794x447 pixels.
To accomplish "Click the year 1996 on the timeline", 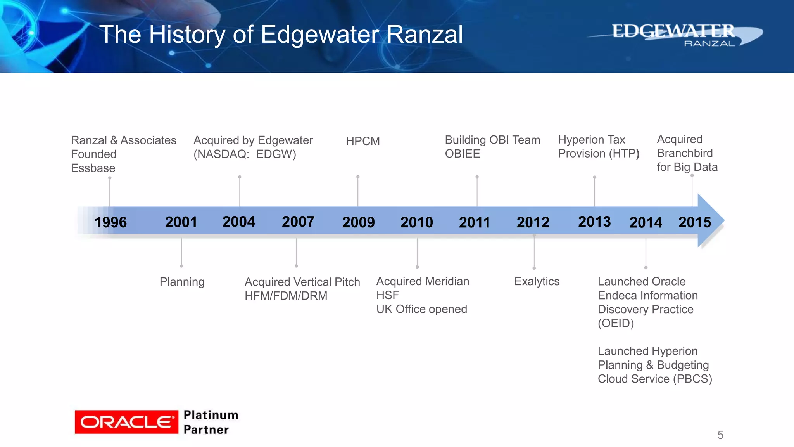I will click(110, 222).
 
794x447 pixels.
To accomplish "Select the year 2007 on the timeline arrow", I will click(298, 222).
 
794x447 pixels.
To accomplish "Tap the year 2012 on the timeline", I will click(533, 222).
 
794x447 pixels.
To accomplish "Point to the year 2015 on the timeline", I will click(694, 222).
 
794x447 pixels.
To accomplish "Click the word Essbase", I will click(93, 168).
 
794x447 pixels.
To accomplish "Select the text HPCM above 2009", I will click(363, 141).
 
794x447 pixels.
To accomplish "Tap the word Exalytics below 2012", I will click(537, 281).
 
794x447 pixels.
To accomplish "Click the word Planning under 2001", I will click(182, 282).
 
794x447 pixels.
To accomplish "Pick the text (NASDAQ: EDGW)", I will click(245, 154).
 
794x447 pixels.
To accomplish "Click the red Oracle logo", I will click(126, 422).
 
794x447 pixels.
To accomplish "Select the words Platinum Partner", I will click(211, 422).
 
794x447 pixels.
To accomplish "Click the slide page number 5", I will click(720, 435).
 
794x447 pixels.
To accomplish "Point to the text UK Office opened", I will click(421, 309).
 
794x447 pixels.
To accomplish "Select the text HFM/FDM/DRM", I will click(286, 296).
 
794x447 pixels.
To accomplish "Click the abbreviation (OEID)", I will click(616, 323).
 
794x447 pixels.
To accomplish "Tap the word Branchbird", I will click(685, 153).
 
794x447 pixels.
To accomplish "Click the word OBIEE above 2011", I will click(462, 154).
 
